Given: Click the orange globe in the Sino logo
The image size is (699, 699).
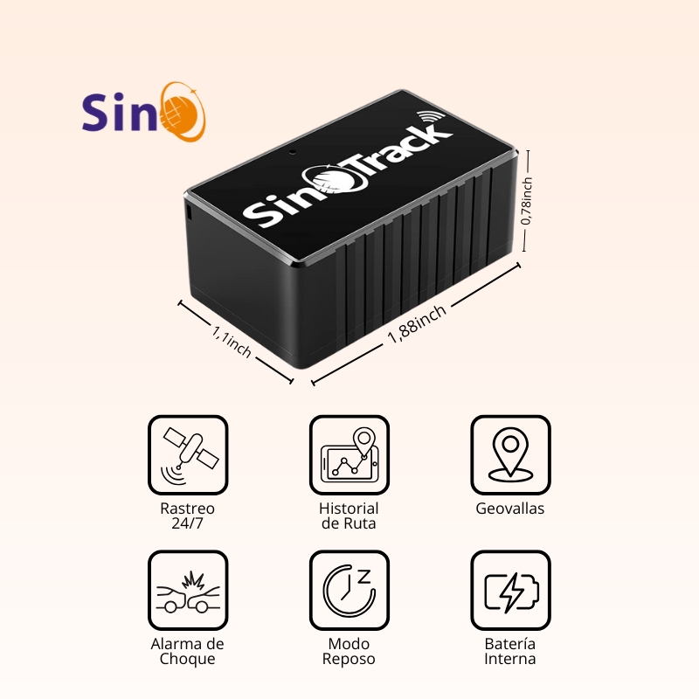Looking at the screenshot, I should (x=186, y=112).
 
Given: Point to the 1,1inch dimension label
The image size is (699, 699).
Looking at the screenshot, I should (x=232, y=340).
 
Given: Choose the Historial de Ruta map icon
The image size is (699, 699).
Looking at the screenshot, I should (x=349, y=455).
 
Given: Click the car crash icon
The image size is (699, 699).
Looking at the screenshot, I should (x=188, y=591).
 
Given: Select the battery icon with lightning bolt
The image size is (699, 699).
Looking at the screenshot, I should (x=510, y=591).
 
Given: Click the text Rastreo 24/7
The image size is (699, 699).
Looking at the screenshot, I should (x=188, y=516).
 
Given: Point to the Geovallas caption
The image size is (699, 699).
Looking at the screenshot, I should (x=510, y=509).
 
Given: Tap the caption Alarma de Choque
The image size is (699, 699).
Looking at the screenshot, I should (x=188, y=651).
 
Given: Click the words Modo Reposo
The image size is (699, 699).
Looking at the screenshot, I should (x=349, y=651).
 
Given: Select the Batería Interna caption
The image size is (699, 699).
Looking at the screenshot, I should (x=510, y=651).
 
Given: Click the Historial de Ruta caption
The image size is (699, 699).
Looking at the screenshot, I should (x=349, y=516).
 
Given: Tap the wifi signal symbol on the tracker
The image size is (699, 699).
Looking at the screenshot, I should (x=430, y=118).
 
